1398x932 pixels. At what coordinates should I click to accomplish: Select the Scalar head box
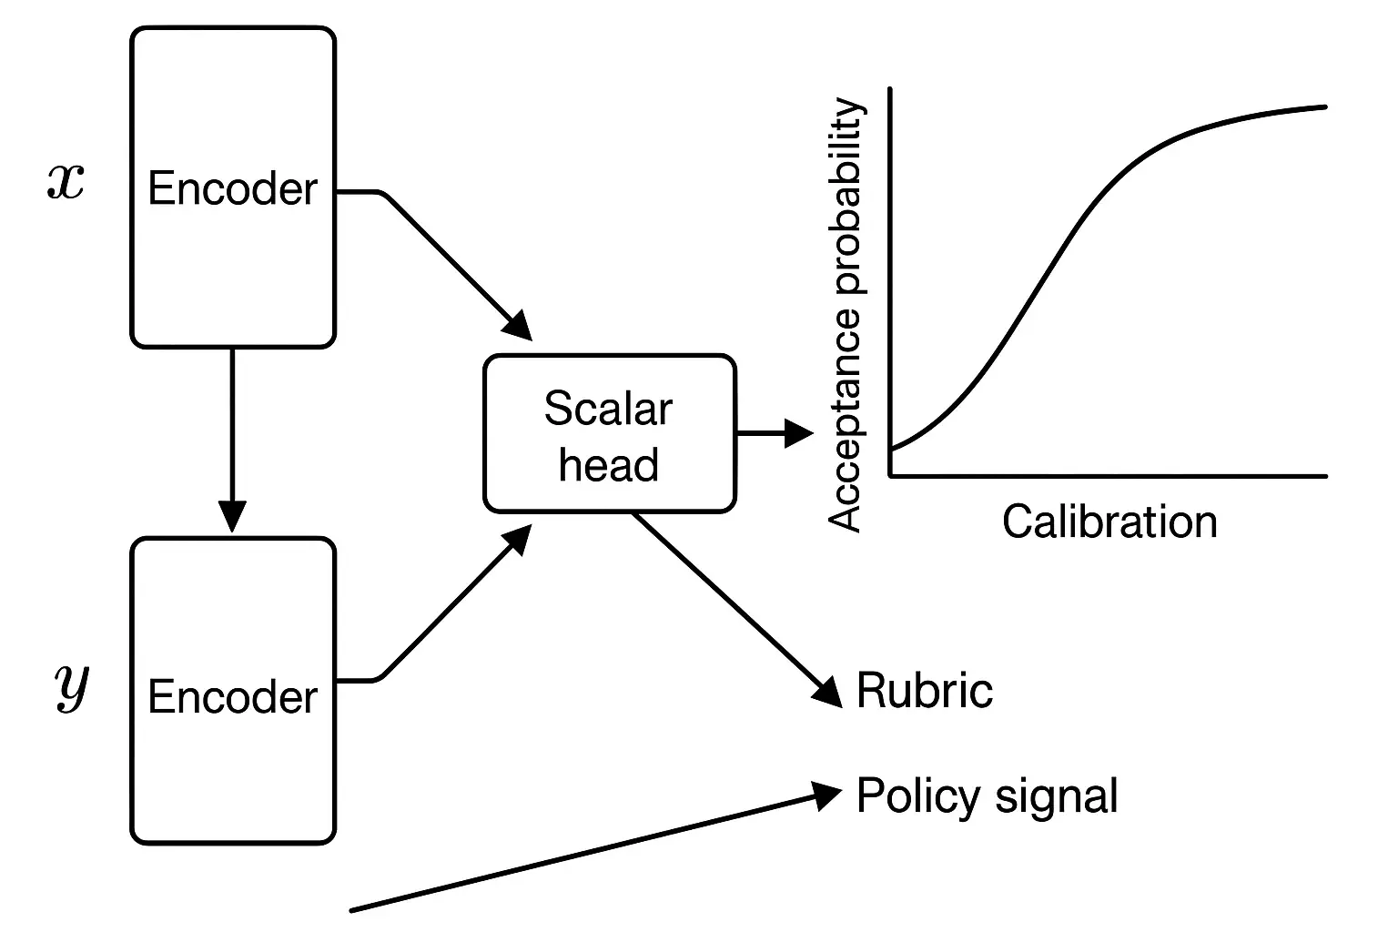609,434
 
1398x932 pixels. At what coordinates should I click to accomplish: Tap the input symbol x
66,183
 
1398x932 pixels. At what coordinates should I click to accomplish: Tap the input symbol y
70,687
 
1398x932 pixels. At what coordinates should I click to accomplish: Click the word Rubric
924,690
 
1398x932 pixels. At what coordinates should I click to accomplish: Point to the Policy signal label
987,795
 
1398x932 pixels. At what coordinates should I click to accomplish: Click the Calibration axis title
1109,522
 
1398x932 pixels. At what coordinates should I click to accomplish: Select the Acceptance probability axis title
845,314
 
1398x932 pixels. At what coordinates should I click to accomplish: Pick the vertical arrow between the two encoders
232,437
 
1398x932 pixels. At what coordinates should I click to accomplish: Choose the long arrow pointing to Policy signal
592,851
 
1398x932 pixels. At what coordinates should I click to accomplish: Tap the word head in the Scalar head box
609,465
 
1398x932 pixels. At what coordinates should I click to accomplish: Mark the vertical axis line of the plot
889,273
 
